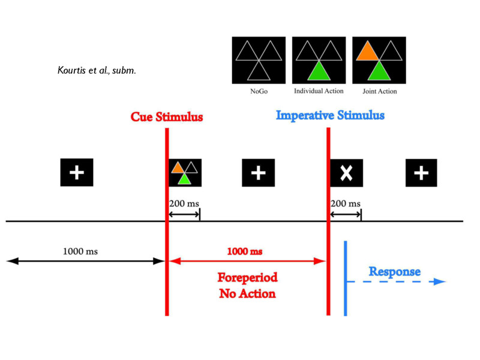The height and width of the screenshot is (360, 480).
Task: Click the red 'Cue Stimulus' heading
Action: coord(167,116)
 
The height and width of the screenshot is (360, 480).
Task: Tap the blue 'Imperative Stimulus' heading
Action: coord(330,115)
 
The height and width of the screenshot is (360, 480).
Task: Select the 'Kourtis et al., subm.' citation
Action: coord(96,71)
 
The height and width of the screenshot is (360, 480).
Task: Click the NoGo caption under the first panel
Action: coord(259,92)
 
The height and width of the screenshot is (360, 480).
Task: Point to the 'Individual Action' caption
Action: coord(319,91)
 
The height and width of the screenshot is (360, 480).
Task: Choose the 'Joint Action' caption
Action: coord(380,92)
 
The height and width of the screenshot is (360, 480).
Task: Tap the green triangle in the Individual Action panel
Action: coord(319,71)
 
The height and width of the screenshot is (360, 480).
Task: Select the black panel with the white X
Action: coord(346,173)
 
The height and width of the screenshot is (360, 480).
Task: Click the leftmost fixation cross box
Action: coord(77,173)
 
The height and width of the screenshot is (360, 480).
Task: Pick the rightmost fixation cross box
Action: coord(421,173)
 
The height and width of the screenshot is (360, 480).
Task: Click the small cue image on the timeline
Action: coord(185,173)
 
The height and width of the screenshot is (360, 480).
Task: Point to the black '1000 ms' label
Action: coord(80,251)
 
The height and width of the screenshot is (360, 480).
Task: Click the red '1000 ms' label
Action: coord(244,251)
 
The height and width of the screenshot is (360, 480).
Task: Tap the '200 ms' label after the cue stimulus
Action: coord(184,204)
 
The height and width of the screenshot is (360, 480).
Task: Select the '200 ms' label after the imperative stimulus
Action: coord(346,204)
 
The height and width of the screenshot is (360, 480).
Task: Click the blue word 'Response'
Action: coord(394,272)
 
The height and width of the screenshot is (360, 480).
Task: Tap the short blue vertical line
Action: coord(345,277)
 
